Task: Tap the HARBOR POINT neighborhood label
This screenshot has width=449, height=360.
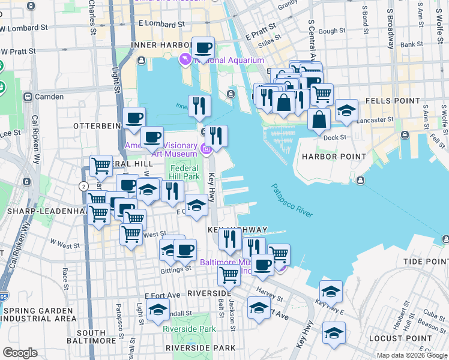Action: tap(334, 157)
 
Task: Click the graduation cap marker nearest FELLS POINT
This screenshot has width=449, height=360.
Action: tap(346, 110)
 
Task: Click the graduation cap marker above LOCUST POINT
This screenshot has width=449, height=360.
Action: tap(334, 332)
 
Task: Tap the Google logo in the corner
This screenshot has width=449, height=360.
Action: tap(20, 353)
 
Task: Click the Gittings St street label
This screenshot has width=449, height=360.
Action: tap(176, 268)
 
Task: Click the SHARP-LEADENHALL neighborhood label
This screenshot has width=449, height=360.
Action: tap(42, 212)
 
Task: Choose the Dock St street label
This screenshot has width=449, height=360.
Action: tap(335, 137)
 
